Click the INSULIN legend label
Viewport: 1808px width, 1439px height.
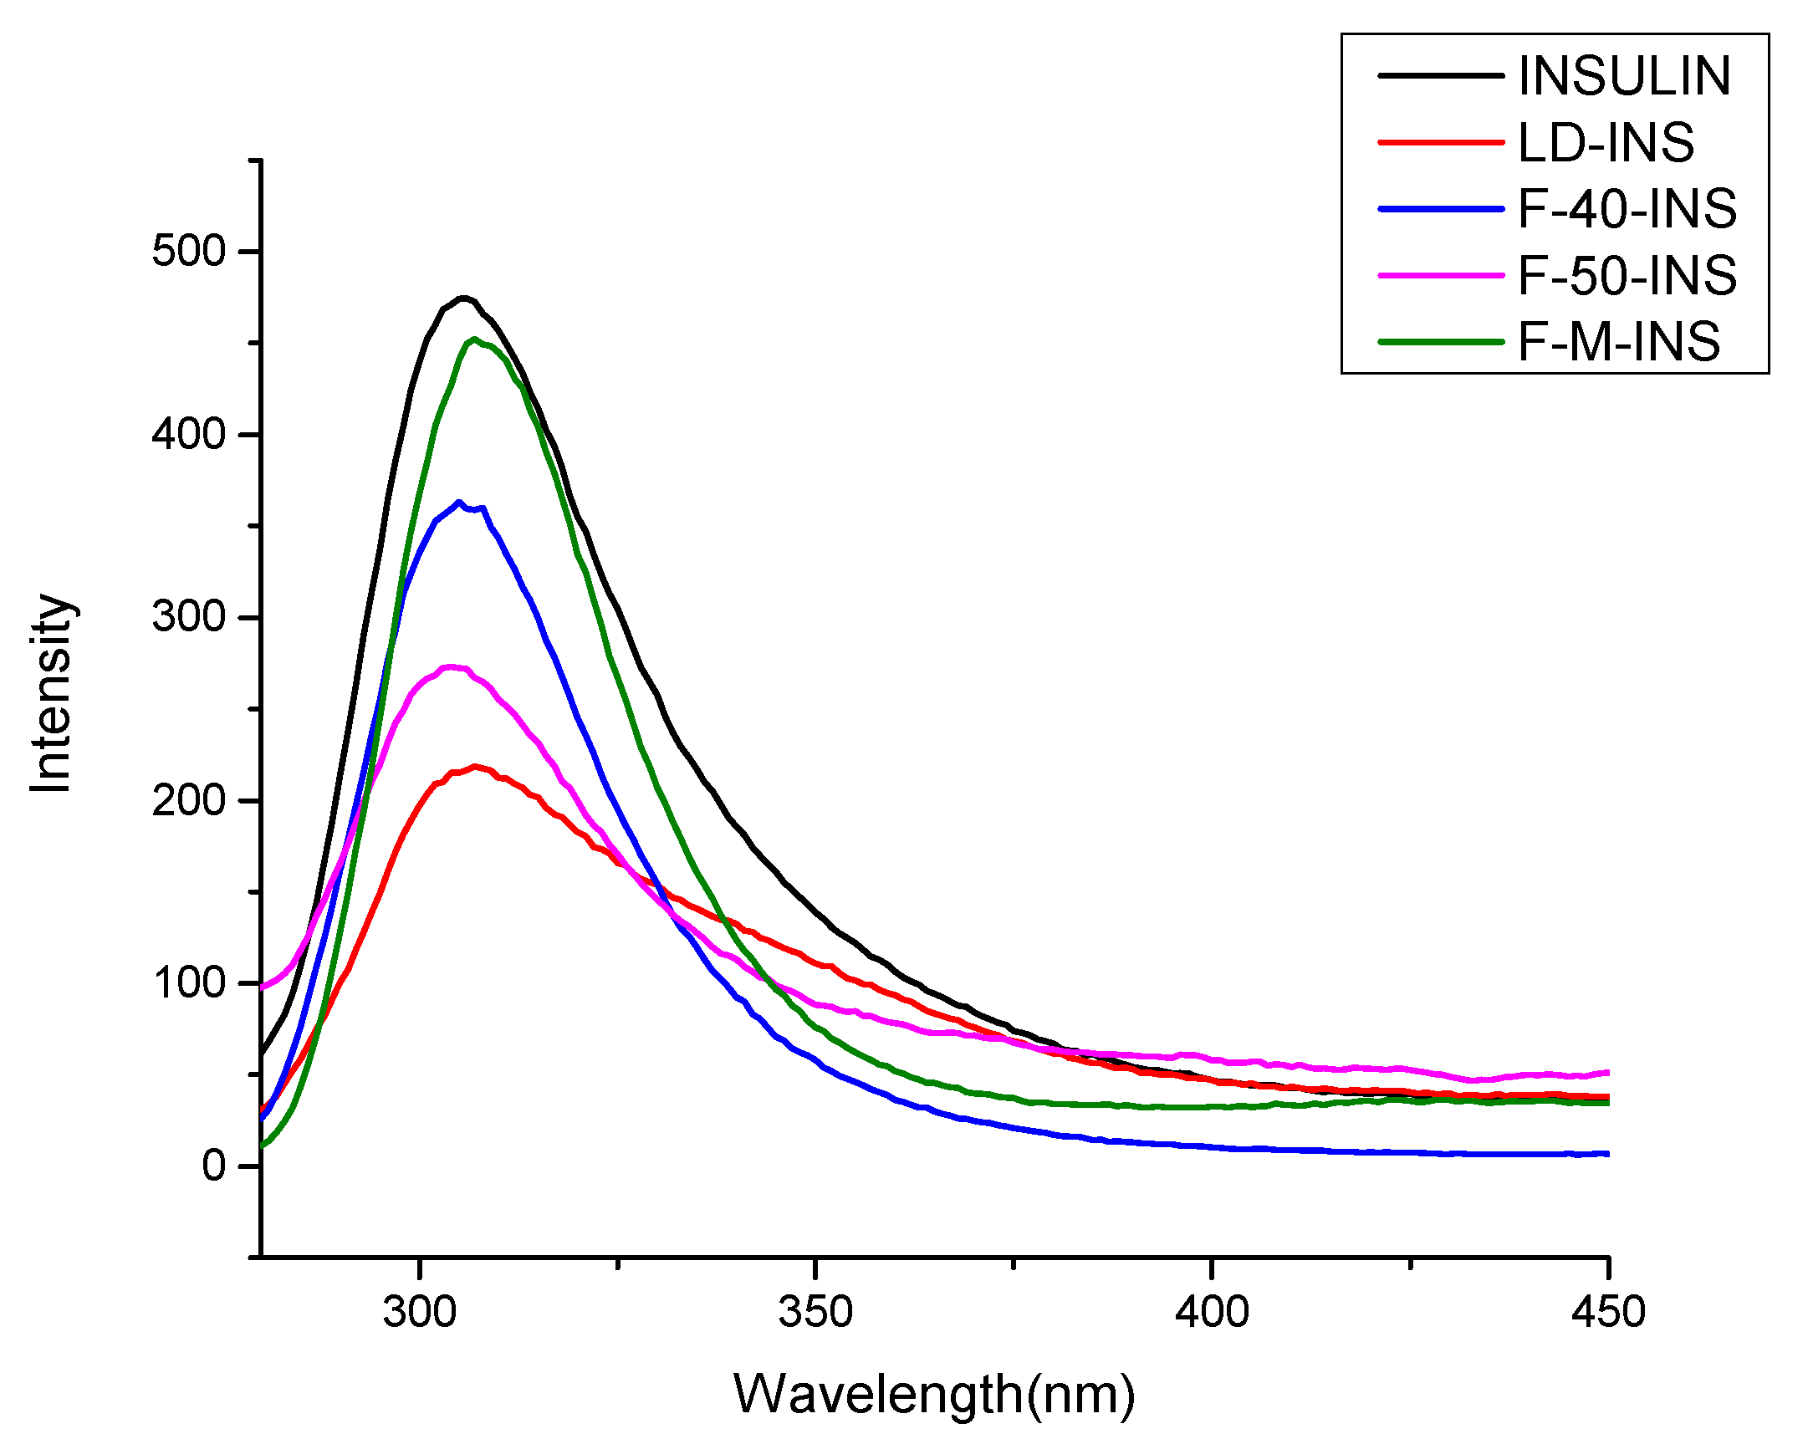(x=1623, y=76)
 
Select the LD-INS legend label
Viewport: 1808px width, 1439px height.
(x=1605, y=142)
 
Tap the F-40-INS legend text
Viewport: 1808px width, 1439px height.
(x=1627, y=209)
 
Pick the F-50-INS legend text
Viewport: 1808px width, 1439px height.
(x=1627, y=275)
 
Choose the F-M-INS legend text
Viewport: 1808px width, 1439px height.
(x=1618, y=341)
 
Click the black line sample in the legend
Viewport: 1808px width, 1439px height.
(x=1440, y=76)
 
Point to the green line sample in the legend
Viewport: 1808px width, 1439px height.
(x=1440, y=341)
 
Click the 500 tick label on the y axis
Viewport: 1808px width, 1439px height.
(x=190, y=251)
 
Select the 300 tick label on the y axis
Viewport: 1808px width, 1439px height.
(x=190, y=616)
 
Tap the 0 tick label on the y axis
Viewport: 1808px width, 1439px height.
(x=214, y=1166)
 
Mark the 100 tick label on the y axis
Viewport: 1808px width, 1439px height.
(x=190, y=982)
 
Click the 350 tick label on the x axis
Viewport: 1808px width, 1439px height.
(x=815, y=1311)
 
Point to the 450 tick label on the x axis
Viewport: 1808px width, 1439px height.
(x=1607, y=1311)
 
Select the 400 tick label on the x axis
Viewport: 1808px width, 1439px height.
(x=1212, y=1311)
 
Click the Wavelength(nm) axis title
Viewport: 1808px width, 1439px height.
(x=934, y=1395)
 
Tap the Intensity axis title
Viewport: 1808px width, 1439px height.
(x=52, y=692)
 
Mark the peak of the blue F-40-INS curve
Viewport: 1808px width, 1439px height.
(x=459, y=503)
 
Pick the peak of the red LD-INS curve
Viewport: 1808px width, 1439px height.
(x=476, y=766)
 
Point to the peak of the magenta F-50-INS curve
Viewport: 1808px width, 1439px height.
(x=451, y=666)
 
